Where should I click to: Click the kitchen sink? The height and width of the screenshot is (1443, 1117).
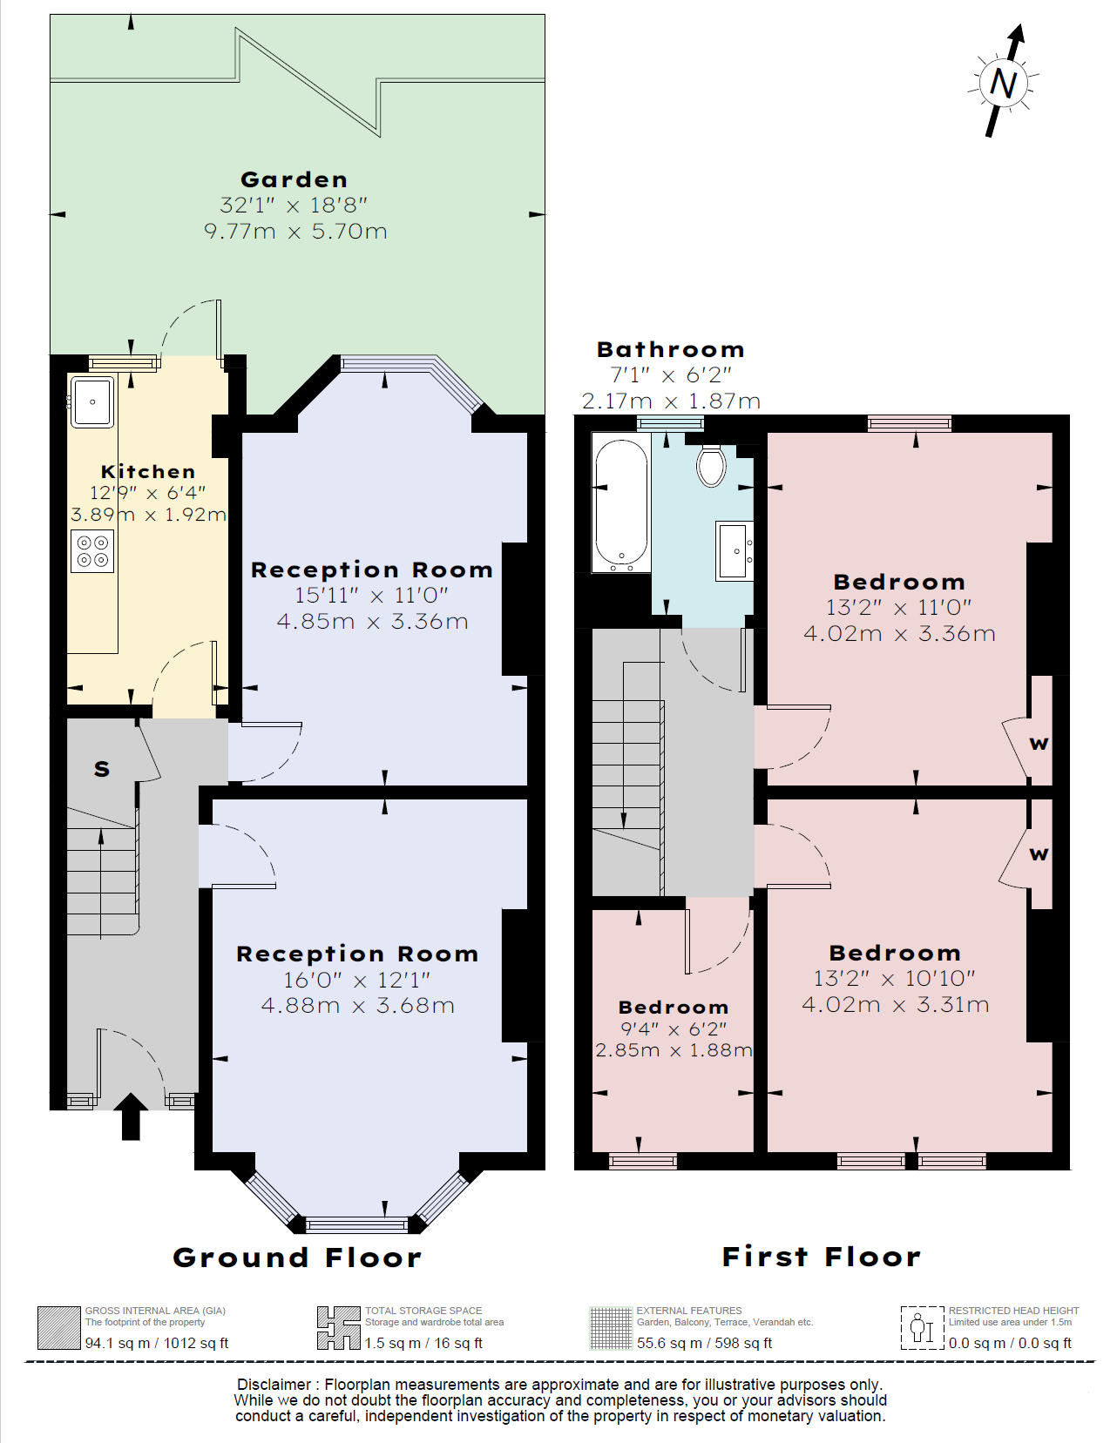pos(92,401)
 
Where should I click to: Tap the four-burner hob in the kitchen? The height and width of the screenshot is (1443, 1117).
pos(92,550)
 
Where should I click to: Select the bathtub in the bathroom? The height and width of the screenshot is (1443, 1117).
pos(621,505)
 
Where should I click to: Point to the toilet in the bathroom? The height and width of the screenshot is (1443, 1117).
pos(711,464)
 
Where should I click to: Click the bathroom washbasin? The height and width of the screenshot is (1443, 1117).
pos(735,551)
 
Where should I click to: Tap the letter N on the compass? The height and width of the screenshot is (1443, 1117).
pos(1003,84)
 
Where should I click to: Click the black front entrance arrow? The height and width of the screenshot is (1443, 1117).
pos(131,1116)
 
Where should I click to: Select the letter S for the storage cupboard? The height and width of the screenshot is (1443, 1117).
pos(102,768)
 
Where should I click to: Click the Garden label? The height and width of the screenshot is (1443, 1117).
pos(294,179)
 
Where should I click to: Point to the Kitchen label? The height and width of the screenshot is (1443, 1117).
pos(148,471)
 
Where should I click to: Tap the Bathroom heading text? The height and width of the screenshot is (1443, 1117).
pos(671,349)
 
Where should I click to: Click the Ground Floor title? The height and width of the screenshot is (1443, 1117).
pos(297,1258)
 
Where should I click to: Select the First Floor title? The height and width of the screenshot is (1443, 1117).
pos(822,1257)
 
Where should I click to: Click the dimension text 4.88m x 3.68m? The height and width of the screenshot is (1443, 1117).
pos(358,1005)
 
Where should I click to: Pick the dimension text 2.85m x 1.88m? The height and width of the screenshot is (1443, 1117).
pos(674,1050)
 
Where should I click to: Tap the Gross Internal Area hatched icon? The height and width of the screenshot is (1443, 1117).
pos(58,1328)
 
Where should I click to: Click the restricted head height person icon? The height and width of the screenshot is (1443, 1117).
pos(923,1328)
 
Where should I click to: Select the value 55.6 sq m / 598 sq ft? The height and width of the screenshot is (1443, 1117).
pos(704,1343)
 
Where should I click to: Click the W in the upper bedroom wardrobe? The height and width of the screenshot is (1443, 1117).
pos(1039,744)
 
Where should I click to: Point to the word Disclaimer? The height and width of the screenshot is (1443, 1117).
pos(274,1385)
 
